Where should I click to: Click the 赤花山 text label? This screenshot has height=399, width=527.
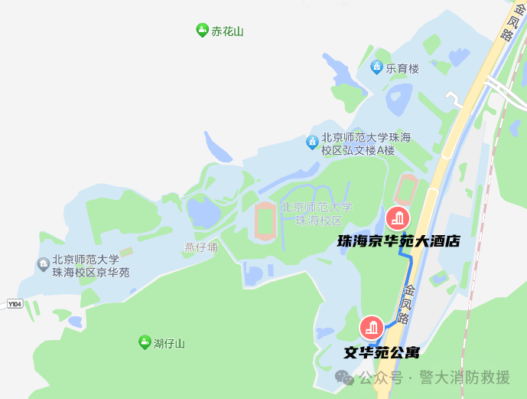(x=227, y=31)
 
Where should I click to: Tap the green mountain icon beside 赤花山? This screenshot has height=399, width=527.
(x=202, y=31)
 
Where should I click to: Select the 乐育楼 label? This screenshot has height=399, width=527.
(x=402, y=68)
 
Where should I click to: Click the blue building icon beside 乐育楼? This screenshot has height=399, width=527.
(x=376, y=67)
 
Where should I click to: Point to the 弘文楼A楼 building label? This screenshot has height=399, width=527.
(x=366, y=144)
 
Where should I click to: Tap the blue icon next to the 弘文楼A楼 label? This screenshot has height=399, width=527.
(x=312, y=142)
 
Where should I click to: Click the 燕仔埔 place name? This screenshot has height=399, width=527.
(x=200, y=247)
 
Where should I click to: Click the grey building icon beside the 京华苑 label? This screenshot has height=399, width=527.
(x=43, y=265)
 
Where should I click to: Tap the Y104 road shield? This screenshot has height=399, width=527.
(x=15, y=304)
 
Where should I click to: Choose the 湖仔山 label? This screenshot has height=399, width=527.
(x=169, y=342)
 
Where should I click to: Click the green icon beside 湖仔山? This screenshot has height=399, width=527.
(x=144, y=342)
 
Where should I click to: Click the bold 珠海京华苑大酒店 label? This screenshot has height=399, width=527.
(x=399, y=240)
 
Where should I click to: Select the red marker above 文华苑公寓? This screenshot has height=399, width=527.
(x=372, y=328)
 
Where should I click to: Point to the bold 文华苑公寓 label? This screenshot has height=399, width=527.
(x=382, y=353)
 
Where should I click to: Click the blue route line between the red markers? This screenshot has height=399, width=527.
(x=409, y=280)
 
